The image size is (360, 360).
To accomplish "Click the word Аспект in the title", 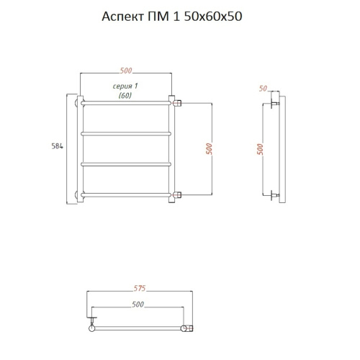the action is pos(122,17).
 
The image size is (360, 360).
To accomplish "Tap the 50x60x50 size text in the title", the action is pos(212,17).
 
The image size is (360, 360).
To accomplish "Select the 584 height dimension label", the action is pos(58,146).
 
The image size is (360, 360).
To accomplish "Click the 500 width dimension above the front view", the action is pos(126,71).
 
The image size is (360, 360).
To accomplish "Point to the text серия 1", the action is pos(125,86).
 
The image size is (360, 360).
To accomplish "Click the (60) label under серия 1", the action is pos(125,96).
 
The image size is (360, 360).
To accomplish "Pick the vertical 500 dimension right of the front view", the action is pos(209,149).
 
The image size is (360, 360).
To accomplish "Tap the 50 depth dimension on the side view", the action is pos(263,89).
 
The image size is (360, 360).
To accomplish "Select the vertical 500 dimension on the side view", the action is pos(260,149).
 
